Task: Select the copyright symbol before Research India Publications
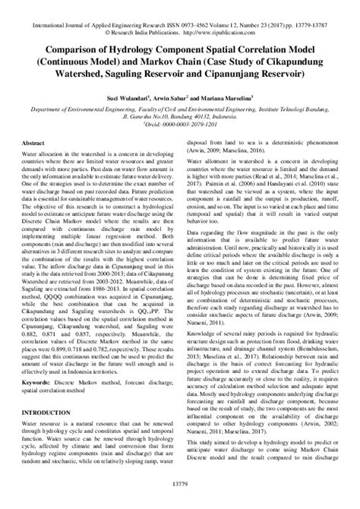click(x=131, y=33)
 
